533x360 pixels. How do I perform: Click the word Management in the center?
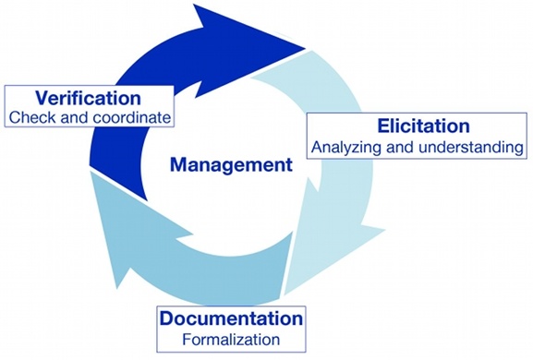[230, 166]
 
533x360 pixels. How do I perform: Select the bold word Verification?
[88, 97]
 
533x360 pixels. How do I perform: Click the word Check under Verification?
[30, 117]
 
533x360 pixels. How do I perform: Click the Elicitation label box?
[417, 136]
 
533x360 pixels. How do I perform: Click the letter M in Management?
[177, 166]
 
